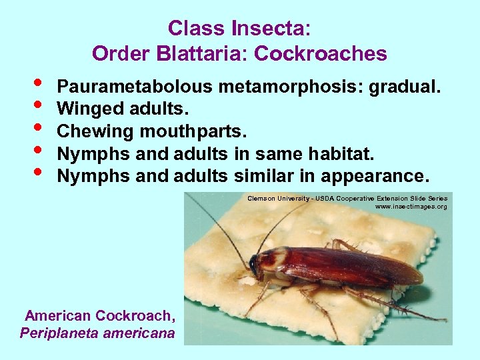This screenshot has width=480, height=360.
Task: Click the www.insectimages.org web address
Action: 411,207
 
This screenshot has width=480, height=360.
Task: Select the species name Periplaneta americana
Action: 97,333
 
